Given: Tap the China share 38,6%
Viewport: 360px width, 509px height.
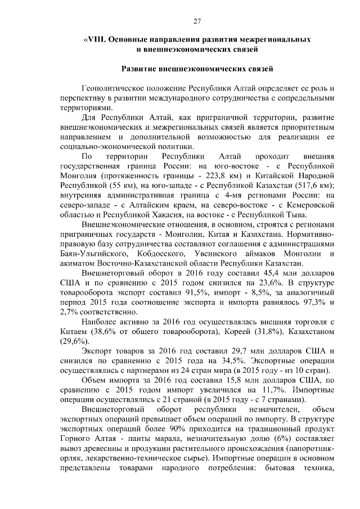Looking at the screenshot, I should (111, 331).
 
